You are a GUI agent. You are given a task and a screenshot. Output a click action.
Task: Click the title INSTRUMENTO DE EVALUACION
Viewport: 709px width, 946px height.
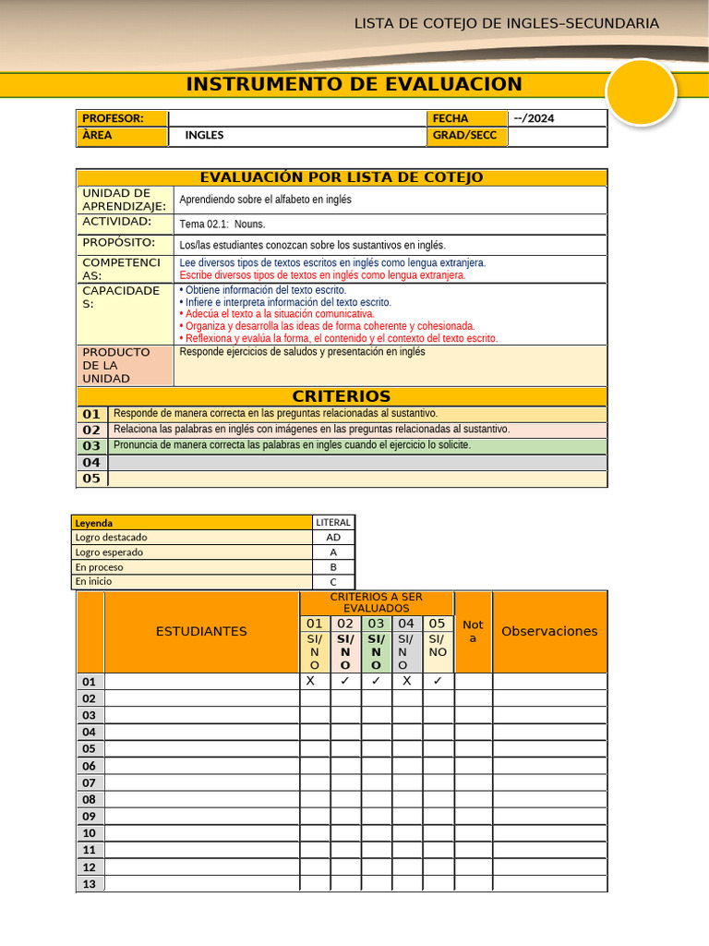tap(354, 84)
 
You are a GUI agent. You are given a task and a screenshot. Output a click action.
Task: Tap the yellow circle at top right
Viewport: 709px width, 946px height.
tap(642, 92)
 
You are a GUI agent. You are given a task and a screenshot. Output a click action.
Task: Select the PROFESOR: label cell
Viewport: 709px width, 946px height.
tap(122, 118)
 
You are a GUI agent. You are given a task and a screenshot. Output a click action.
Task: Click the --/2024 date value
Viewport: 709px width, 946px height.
tap(535, 118)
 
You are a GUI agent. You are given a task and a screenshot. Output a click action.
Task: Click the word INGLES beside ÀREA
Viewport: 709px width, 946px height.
tap(204, 136)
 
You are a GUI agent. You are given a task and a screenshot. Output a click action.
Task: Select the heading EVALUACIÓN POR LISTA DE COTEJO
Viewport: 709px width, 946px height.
tap(342, 177)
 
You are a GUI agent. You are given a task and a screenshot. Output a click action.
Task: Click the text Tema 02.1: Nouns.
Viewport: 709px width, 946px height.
tap(222, 224)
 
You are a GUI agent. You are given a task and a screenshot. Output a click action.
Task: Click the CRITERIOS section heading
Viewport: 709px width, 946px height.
tap(342, 396)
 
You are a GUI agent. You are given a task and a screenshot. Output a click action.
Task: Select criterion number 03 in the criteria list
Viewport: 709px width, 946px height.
tap(91, 445)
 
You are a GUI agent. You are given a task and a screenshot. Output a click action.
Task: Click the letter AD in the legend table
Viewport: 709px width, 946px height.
tap(333, 538)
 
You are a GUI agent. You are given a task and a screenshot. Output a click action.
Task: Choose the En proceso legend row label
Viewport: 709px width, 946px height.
tap(99, 567)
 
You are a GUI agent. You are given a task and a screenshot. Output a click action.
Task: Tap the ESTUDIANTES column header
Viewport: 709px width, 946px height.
tap(201, 631)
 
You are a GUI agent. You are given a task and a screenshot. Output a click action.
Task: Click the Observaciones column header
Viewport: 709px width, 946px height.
tap(549, 631)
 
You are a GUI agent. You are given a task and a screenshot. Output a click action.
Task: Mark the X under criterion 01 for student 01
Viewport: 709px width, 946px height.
tap(310, 681)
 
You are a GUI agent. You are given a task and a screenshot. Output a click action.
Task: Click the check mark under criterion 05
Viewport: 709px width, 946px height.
tap(438, 681)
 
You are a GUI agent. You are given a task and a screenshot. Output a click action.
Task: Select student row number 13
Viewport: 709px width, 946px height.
tap(90, 884)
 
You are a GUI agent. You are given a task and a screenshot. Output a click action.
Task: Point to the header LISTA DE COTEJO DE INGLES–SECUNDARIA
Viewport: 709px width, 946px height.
tap(507, 23)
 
